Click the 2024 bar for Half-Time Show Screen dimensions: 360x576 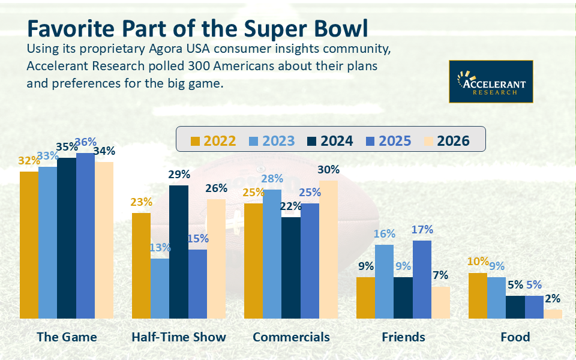(179, 251)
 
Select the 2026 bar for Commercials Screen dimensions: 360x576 (328, 249)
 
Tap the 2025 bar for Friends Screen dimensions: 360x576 (421, 279)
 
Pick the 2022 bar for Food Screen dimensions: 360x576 (478, 295)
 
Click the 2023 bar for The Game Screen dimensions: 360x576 (48, 242)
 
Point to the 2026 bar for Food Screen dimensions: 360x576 (553, 313)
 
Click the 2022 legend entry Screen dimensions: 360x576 (213, 141)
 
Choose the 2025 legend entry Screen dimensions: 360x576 (388, 141)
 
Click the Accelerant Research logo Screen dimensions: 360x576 (491, 82)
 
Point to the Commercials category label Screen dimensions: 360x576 (291, 337)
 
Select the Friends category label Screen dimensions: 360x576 (403, 337)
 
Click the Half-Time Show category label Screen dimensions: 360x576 (179, 337)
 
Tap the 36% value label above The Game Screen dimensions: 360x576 (85, 142)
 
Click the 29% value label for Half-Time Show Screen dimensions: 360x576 (179, 175)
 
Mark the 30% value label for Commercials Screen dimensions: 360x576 (328, 170)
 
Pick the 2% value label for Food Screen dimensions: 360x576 (553, 299)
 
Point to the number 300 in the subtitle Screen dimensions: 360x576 (188, 65)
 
